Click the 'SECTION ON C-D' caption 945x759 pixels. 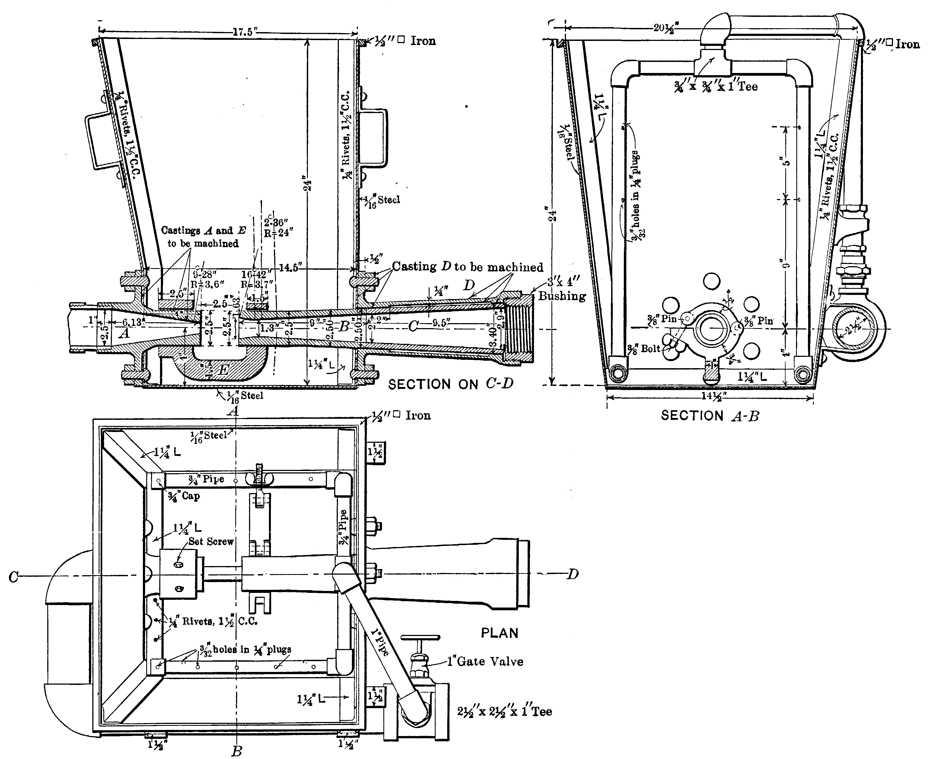pos(451,384)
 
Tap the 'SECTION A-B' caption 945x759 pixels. pos(710,415)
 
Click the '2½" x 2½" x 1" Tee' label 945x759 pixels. pos(504,712)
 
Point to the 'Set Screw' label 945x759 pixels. pos(211,542)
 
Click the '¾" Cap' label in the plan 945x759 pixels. pos(184,496)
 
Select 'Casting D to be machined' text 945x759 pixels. pos(467,267)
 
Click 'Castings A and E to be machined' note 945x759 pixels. pos(203,237)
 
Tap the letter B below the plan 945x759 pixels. pos(237,751)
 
